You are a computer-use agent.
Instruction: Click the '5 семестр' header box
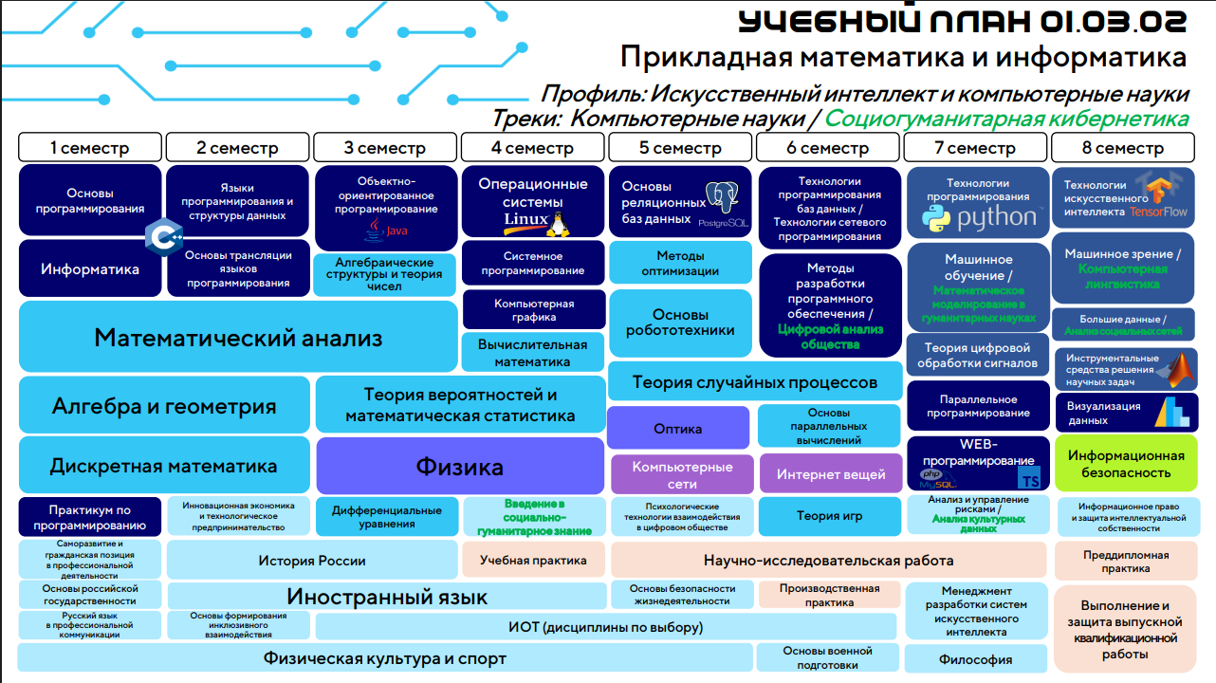point(680,148)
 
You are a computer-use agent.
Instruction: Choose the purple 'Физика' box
point(460,466)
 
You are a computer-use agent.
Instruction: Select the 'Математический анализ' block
point(238,337)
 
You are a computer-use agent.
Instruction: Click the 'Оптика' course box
point(678,429)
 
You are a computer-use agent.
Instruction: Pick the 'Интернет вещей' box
point(831,474)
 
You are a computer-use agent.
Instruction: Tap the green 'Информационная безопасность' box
point(1126,464)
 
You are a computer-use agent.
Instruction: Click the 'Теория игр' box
point(830,516)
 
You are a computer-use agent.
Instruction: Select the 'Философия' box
point(975,659)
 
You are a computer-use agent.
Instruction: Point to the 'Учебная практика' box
point(533,560)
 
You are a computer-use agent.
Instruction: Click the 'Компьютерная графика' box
point(534,310)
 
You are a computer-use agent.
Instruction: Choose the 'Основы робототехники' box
point(680,323)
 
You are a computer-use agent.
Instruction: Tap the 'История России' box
point(312,561)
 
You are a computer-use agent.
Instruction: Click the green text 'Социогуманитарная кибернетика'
point(1006,120)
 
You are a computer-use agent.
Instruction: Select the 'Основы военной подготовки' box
point(827,657)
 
